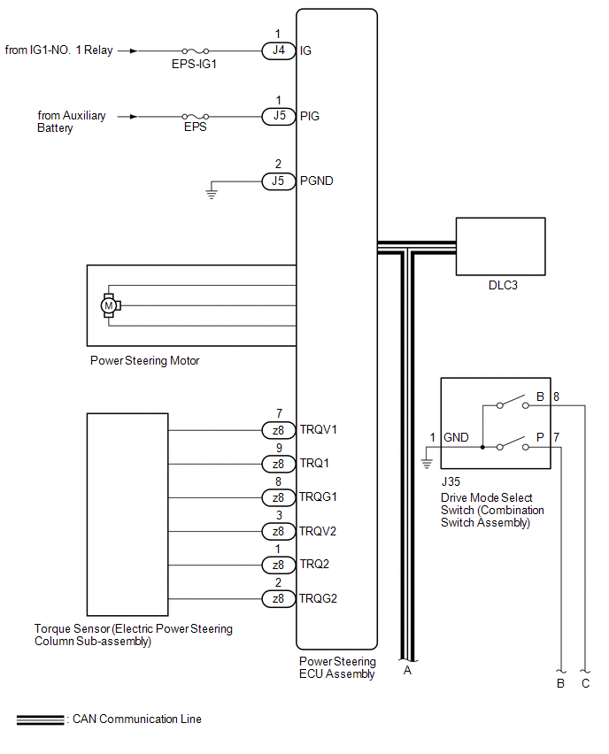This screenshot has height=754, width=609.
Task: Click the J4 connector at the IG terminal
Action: [278, 50]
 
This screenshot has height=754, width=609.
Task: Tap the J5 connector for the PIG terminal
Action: [278, 116]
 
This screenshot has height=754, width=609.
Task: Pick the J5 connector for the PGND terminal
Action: [278, 181]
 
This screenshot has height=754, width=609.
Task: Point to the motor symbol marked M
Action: [110, 305]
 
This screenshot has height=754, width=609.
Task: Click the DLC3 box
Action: [500, 247]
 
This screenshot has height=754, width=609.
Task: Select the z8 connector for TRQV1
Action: [278, 430]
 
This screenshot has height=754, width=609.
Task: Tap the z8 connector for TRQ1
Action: [278, 464]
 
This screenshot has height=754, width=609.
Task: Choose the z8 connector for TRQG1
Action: [278, 497]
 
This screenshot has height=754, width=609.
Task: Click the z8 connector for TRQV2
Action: [278, 531]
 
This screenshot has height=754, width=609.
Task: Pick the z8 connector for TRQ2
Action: [278, 565]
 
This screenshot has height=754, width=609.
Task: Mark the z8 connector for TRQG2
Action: [278, 598]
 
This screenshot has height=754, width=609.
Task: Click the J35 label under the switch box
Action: [451, 484]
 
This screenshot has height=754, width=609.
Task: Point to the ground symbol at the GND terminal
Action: [427, 461]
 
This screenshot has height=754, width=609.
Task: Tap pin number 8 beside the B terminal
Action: [556, 397]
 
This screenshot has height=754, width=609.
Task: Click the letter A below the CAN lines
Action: [407, 670]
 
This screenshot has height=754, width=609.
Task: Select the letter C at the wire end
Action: [586, 683]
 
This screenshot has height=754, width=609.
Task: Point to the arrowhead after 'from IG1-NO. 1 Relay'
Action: [134, 50]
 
